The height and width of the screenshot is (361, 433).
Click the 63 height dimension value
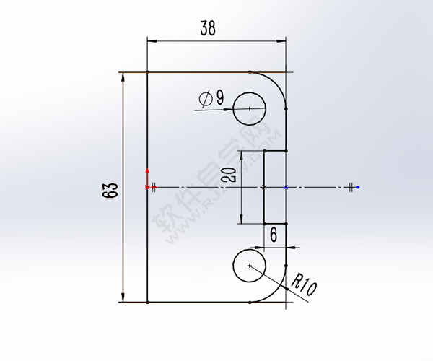pos(110,191)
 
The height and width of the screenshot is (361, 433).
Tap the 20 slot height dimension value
pos(229,174)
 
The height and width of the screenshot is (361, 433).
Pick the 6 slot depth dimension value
pos(274,235)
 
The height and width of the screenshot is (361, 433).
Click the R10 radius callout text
pos(302,284)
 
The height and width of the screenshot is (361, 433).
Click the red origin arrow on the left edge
pos(147,173)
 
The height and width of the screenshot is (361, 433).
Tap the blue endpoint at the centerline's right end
pos(358,187)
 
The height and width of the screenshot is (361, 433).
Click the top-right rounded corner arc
pos(277,82)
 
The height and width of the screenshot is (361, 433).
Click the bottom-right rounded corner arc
pos(277,292)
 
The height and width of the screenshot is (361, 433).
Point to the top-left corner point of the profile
pos(147,72)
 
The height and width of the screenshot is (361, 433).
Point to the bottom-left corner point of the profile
pos(147,302)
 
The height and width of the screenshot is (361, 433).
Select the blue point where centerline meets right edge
pos(287,187)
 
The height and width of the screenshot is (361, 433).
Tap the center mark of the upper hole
pos(250,108)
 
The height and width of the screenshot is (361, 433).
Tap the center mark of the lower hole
pos(250,266)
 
